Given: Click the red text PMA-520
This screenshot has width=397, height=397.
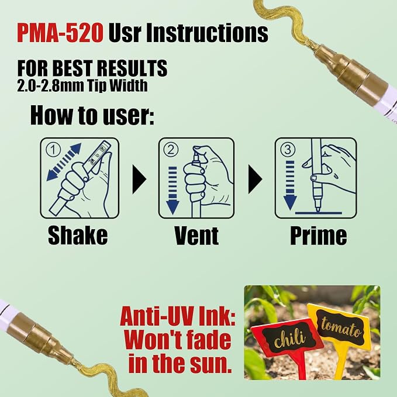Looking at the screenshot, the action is click(x=60, y=33).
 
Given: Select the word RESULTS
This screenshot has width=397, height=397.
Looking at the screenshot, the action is click(x=132, y=68).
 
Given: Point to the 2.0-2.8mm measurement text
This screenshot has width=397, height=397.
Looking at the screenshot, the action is click(x=50, y=85).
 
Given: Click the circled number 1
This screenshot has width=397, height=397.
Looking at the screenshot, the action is click(x=53, y=150).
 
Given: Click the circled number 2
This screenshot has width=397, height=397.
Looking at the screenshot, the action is click(x=171, y=150).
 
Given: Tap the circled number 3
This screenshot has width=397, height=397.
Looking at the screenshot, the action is click(x=288, y=150).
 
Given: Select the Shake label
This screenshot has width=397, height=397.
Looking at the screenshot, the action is click(x=78, y=236).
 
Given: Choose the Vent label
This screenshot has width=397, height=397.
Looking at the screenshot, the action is click(x=196, y=236).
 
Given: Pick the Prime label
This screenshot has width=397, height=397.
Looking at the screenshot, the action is click(x=319, y=236).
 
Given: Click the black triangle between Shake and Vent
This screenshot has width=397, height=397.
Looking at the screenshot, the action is click(x=139, y=179).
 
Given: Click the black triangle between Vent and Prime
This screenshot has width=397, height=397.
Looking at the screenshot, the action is click(x=255, y=179).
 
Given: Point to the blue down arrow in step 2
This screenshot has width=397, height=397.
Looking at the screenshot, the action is click(x=172, y=190).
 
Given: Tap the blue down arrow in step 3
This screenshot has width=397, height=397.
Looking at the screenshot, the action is click(x=290, y=185).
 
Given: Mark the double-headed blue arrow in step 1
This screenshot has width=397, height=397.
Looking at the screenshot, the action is click(x=64, y=162).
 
